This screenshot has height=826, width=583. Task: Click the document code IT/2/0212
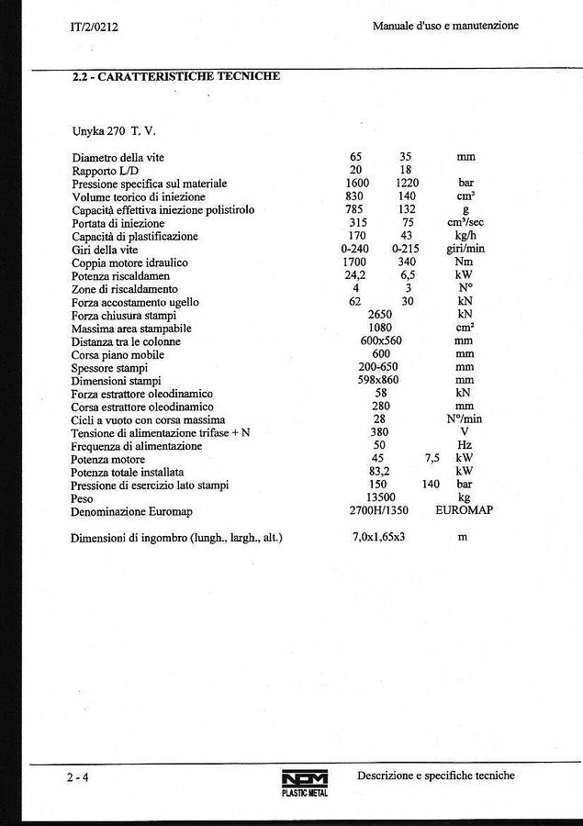pos(95,27)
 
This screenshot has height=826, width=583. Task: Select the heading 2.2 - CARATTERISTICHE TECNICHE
pos(176,77)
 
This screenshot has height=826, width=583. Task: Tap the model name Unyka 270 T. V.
pos(114,131)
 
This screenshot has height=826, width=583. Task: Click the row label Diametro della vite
pos(118,158)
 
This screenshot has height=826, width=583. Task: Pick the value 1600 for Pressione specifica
pos(357,184)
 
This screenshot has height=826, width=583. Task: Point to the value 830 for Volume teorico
pos(356,196)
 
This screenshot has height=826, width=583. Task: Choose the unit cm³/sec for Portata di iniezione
pos(465,223)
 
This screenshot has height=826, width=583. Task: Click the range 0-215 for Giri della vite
pos(406,250)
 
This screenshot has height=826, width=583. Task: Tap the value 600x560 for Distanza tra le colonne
pos(381,341)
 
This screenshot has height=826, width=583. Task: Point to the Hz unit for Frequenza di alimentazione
pos(465,446)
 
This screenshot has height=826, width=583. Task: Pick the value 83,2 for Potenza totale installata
pos(380,472)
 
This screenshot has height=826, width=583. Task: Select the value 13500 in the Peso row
pos(381,498)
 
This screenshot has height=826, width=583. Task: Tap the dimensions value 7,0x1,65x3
pos(379,537)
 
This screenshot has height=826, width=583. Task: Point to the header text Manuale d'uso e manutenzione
pos(445,26)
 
